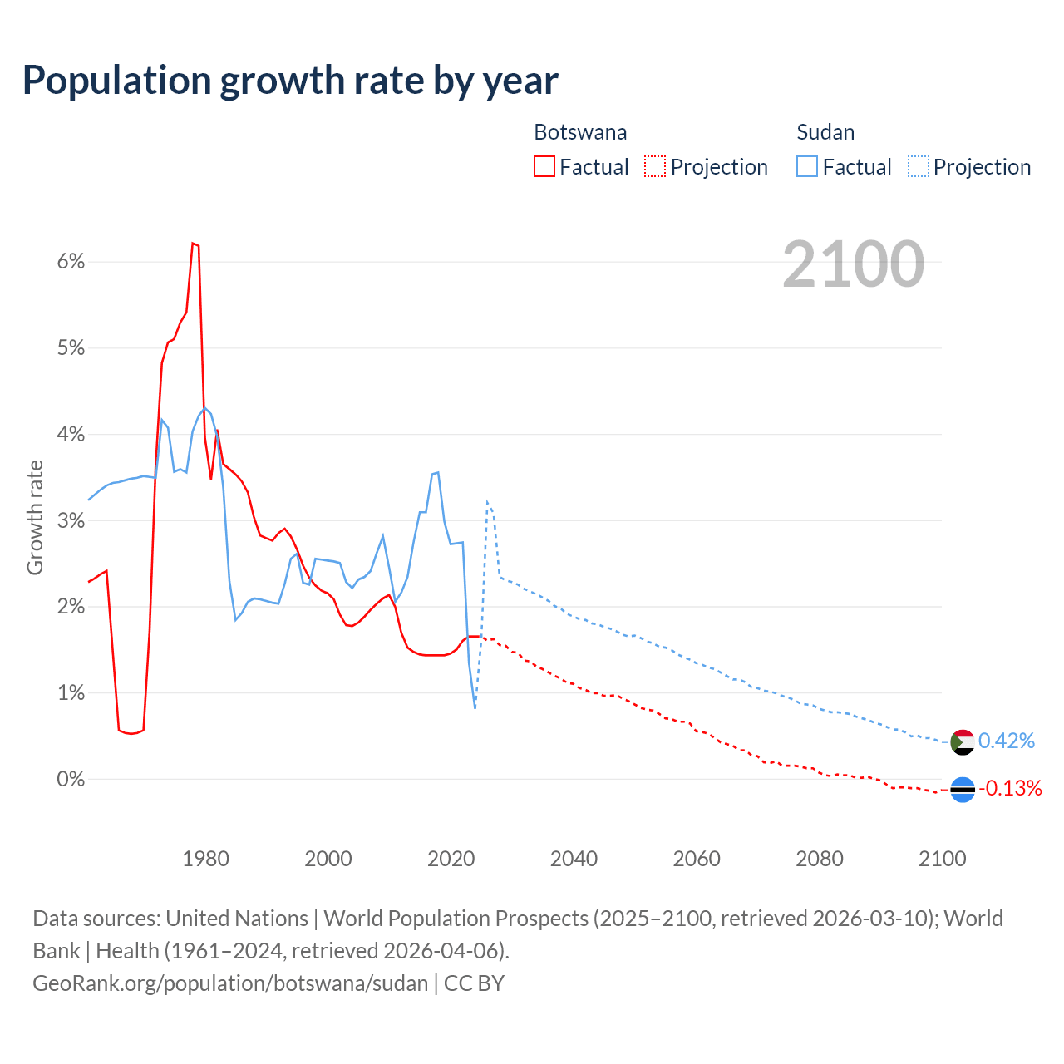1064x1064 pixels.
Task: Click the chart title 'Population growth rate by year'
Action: [290, 80]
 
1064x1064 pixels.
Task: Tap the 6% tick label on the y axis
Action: [71, 262]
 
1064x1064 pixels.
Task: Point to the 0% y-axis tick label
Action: [71, 779]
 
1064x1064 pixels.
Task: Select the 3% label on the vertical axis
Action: [71, 520]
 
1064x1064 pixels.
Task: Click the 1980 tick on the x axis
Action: [205, 859]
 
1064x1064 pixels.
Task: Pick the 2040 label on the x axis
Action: [574, 859]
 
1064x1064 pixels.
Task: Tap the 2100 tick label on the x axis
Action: [942, 859]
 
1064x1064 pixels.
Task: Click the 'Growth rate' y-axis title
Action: [35, 517]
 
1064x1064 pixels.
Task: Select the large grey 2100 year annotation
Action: [853, 264]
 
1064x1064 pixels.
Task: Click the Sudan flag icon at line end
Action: [962, 741]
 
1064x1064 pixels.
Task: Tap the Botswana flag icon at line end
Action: [962, 789]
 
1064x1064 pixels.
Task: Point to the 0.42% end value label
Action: [1007, 741]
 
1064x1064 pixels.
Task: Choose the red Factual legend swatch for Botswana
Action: [544, 167]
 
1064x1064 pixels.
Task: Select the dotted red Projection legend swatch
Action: [655, 167]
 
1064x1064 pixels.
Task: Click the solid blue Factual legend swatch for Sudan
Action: [807, 167]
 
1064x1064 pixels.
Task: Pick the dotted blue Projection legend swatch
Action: [918, 167]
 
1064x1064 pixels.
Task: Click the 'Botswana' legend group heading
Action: [580, 132]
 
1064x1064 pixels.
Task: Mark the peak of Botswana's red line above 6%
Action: [193, 244]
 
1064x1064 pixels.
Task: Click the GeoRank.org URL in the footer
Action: [230, 983]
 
